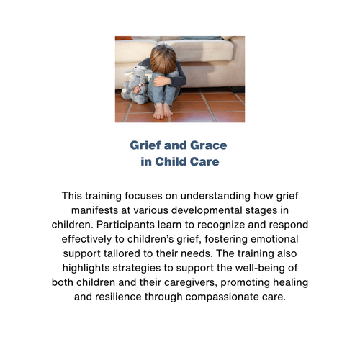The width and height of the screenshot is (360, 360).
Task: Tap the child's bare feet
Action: pyautogui.click(x=163, y=111)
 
